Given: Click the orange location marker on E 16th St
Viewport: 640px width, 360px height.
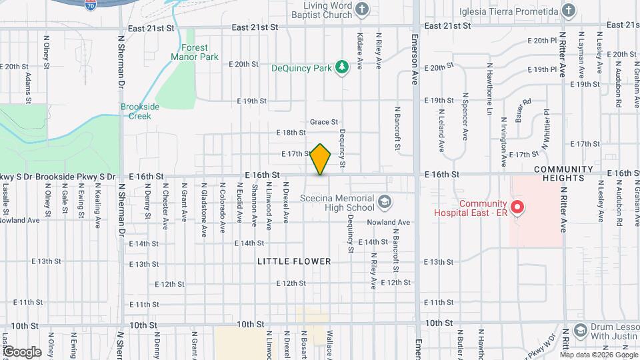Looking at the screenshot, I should [x=321, y=159].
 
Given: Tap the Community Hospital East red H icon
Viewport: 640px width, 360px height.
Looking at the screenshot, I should [x=517, y=207].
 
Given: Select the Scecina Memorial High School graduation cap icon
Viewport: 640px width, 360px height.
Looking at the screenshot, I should [x=384, y=201].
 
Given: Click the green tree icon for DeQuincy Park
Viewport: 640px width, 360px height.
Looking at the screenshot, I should [x=342, y=67].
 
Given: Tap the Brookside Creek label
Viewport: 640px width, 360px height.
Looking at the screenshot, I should [x=136, y=111].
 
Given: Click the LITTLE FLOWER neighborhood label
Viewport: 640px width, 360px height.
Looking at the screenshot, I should [x=294, y=261].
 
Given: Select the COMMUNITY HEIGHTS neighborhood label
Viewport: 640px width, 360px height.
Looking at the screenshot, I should [x=563, y=173].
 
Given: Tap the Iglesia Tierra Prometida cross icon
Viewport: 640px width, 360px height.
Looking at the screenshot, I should [x=568, y=10].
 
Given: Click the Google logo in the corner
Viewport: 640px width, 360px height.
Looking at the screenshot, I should [x=22, y=351].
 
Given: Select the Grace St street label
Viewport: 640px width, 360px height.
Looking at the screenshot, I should [x=325, y=122].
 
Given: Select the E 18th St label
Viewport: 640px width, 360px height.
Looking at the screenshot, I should [x=293, y=133].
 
